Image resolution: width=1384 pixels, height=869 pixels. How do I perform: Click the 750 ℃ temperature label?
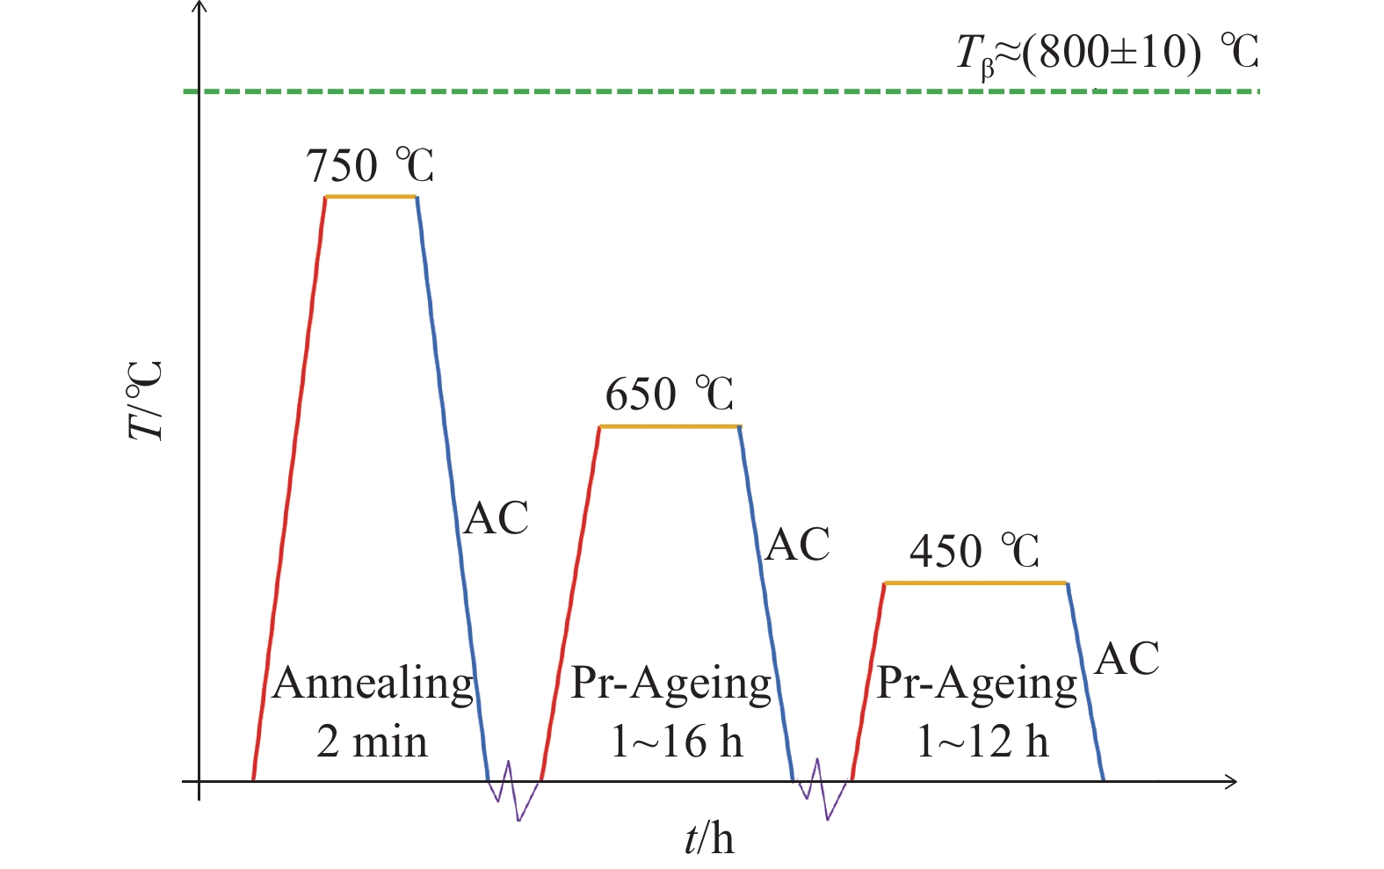pos(370,165)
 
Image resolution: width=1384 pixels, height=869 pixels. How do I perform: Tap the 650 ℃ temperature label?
pos(670,395)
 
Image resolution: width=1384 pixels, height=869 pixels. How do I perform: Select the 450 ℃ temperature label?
pos(975,552)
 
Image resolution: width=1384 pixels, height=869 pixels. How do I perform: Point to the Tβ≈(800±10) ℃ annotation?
pos(1107,53)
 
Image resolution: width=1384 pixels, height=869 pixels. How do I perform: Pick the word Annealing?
pos(373,684)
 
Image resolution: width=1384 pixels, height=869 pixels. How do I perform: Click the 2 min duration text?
pos(373,742)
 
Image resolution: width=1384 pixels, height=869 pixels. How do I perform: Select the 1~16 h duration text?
pos(677,742)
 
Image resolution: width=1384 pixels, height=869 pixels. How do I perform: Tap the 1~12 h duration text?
pos(982,742)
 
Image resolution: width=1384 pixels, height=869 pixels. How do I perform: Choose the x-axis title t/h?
pos(709,838)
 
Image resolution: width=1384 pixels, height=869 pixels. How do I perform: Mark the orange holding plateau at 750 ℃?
pos(371,197)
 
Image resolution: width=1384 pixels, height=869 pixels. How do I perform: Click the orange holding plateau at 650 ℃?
pos(670,427)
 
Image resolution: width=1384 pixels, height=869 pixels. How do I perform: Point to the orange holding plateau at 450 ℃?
pos(975,583)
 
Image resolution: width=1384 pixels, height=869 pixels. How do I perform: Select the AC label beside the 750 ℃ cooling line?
pos(496,518)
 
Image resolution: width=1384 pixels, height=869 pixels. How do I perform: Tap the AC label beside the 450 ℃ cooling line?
pos(1127,659)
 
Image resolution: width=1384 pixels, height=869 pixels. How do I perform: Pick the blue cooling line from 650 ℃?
pos(766,606)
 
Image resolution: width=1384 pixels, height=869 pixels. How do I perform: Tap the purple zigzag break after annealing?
pos(514,791)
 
